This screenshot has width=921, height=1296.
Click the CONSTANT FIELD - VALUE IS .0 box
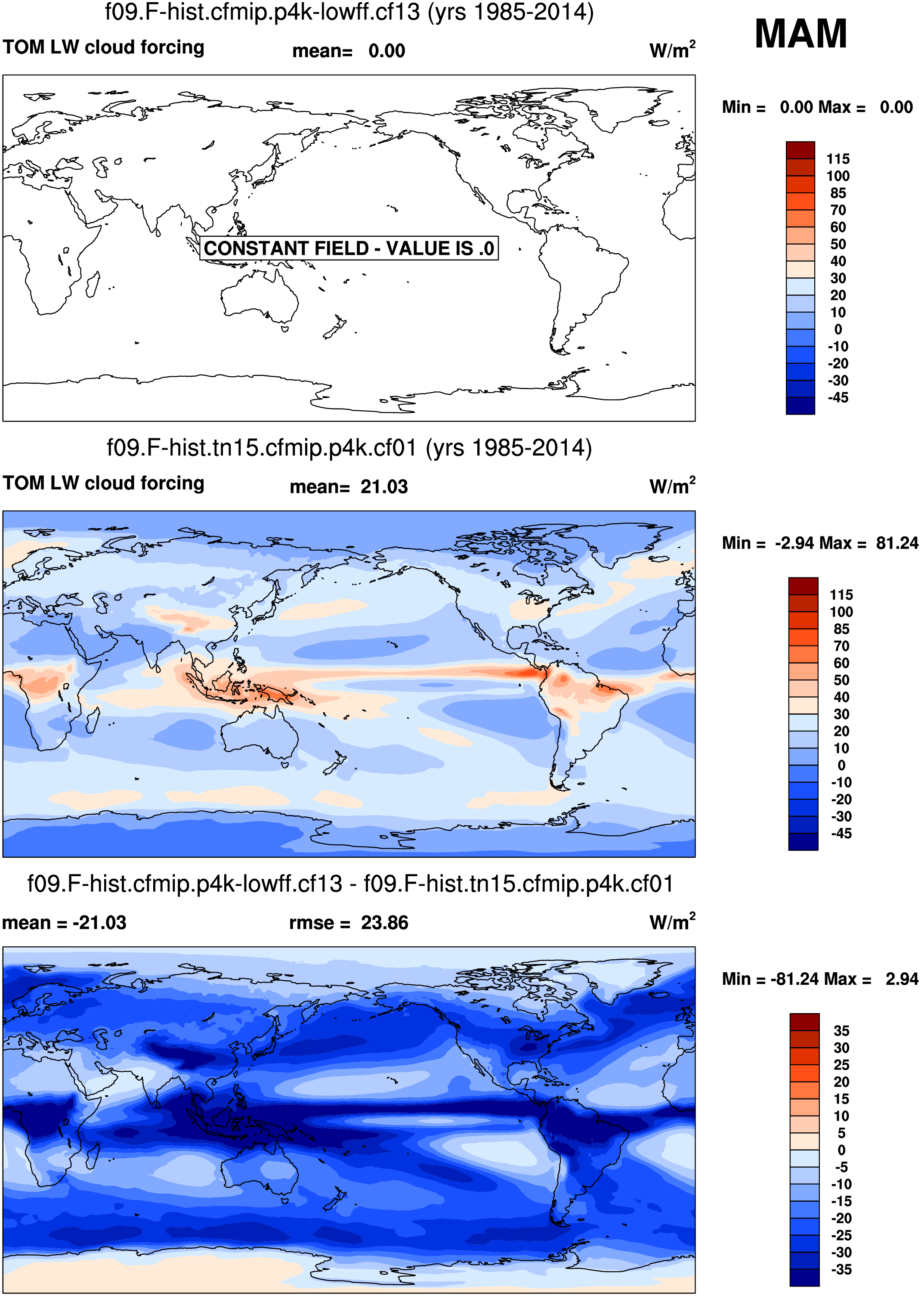[349, 248]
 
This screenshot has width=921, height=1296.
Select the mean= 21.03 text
[348, 487]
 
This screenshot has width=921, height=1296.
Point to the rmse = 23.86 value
[348, 923]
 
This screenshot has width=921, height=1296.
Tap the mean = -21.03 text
[64, 923]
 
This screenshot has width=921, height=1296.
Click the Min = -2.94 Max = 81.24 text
[819, 543]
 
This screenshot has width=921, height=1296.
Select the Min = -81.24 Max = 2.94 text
[819, 979]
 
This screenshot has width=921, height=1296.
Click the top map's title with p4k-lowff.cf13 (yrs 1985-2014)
[349, 12]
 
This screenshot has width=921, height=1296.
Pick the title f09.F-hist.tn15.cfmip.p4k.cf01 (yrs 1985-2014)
[349, 448]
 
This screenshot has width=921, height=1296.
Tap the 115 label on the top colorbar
[838, 159]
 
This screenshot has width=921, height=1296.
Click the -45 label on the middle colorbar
[841, 834]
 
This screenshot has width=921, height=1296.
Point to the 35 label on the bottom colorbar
[841, 1030]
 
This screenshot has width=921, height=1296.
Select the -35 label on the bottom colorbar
[841, 1269]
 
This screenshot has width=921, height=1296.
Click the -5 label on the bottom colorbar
[841, 1167]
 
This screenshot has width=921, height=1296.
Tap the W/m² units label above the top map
[672, 50]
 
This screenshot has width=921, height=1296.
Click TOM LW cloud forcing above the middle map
[103, 483]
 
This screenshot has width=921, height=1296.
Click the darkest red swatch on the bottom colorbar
[804, 1021]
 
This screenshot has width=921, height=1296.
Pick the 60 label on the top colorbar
[838, 227]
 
